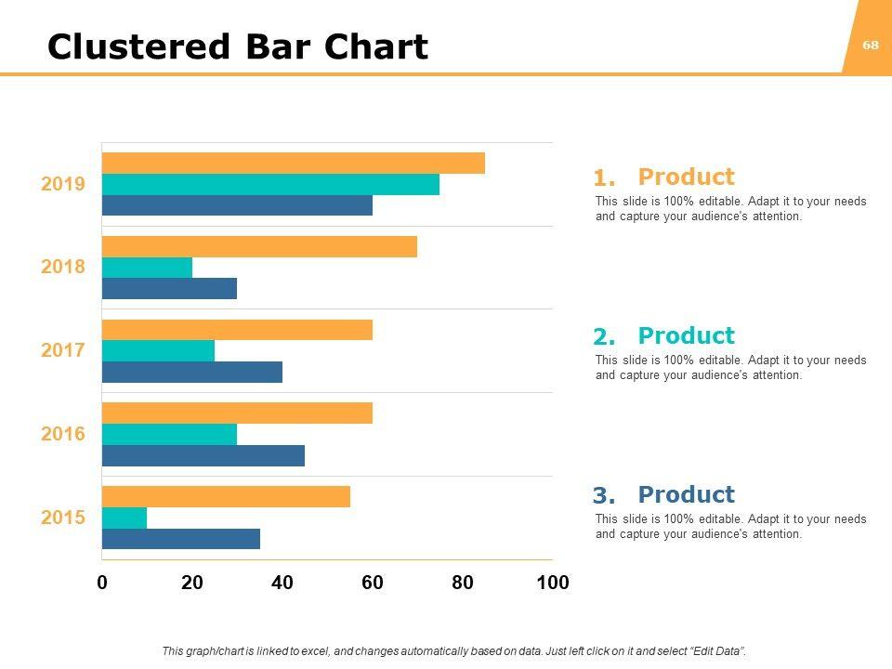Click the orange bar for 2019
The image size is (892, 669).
pos(293,163)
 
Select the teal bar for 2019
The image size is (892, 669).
pos(270,184)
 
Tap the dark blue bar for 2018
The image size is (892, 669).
pos(169,288)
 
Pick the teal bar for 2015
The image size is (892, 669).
pos(125,518)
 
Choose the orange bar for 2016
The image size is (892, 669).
pos(237,413)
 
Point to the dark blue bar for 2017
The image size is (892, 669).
pos(191,372)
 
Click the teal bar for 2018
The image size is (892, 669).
pos(147,268)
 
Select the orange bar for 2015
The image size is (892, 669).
pos(226,496)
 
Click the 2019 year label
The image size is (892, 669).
pos(63,184)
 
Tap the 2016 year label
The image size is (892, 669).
pos(63,434)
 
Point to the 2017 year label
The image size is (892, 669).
pos(63,350)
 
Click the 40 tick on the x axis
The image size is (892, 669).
pos(282,583)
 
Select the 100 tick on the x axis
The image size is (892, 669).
pos(553,583)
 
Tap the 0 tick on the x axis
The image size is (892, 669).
pos(102,583)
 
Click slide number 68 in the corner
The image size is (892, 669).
pos(871,45)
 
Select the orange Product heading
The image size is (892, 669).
pos(686,177)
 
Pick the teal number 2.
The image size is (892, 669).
pos(604,337)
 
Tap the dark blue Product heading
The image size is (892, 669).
pos(686,494)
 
